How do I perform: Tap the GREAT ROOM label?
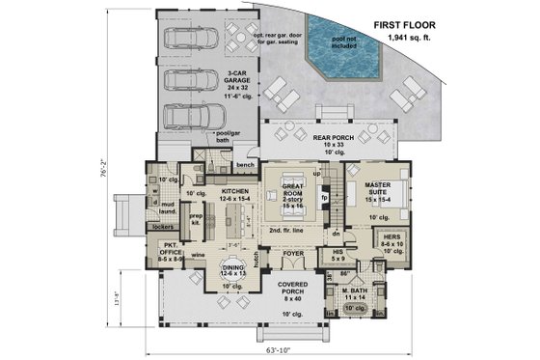pos(292,192)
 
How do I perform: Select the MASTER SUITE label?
pos(382,191)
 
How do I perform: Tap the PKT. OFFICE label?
pos(171,255)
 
